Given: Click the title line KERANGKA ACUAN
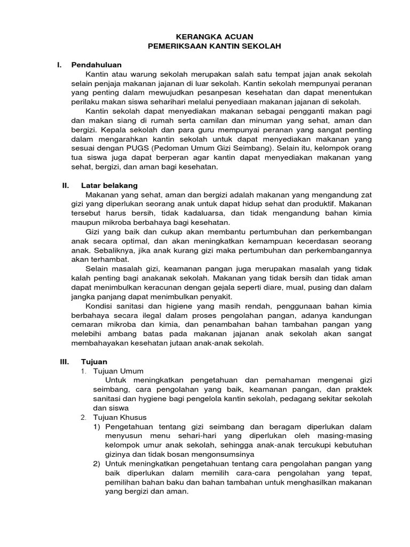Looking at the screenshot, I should point(205,36).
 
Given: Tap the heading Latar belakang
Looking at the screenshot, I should point(109,185).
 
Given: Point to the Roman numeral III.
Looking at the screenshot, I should point(65,362).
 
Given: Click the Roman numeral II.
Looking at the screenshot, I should point(66,185).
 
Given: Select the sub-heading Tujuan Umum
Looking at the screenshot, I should point(118,371).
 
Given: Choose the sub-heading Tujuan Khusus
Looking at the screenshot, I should point(120,417).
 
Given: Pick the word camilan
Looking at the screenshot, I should point(208,120).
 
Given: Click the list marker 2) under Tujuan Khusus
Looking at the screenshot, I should point(97,464).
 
